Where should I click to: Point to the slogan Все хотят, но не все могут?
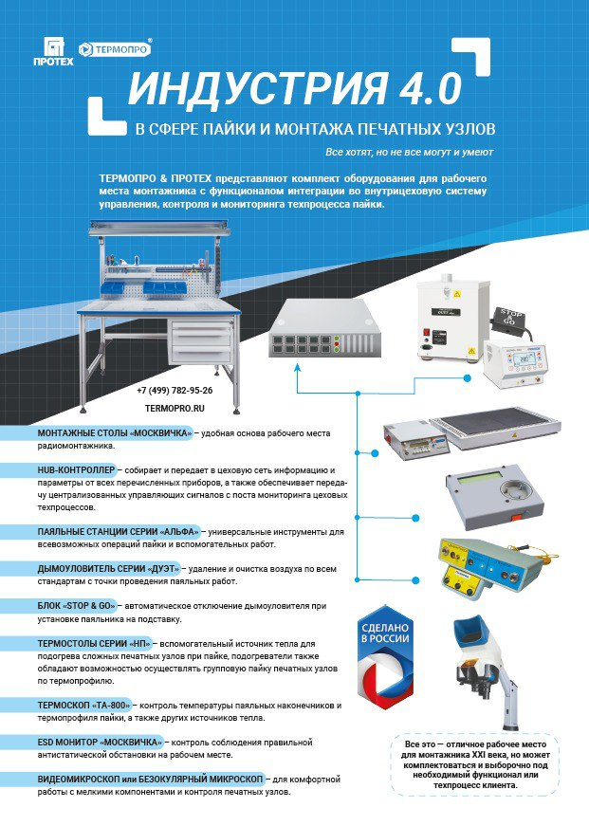point(409,152)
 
